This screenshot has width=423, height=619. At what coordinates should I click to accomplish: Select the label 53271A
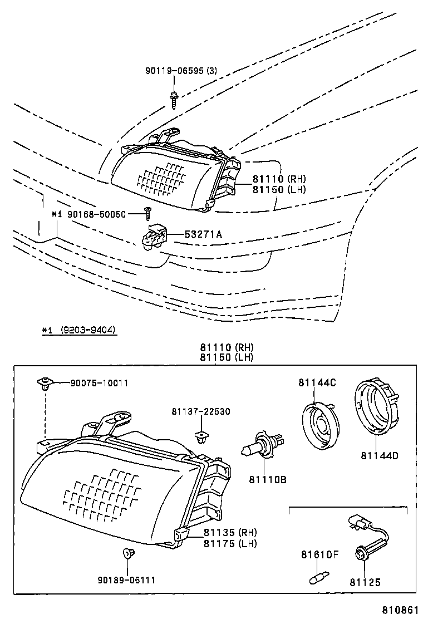pos(203,234)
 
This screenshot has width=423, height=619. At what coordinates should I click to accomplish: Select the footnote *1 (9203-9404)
pos(78,330)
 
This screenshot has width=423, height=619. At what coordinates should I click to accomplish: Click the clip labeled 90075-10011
pos(44,383)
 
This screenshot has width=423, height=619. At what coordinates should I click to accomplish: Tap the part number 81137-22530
pos(201,411)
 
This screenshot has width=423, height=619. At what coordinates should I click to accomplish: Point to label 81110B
pos(267,478)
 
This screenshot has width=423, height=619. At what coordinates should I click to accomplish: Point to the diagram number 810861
pos(399,610)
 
